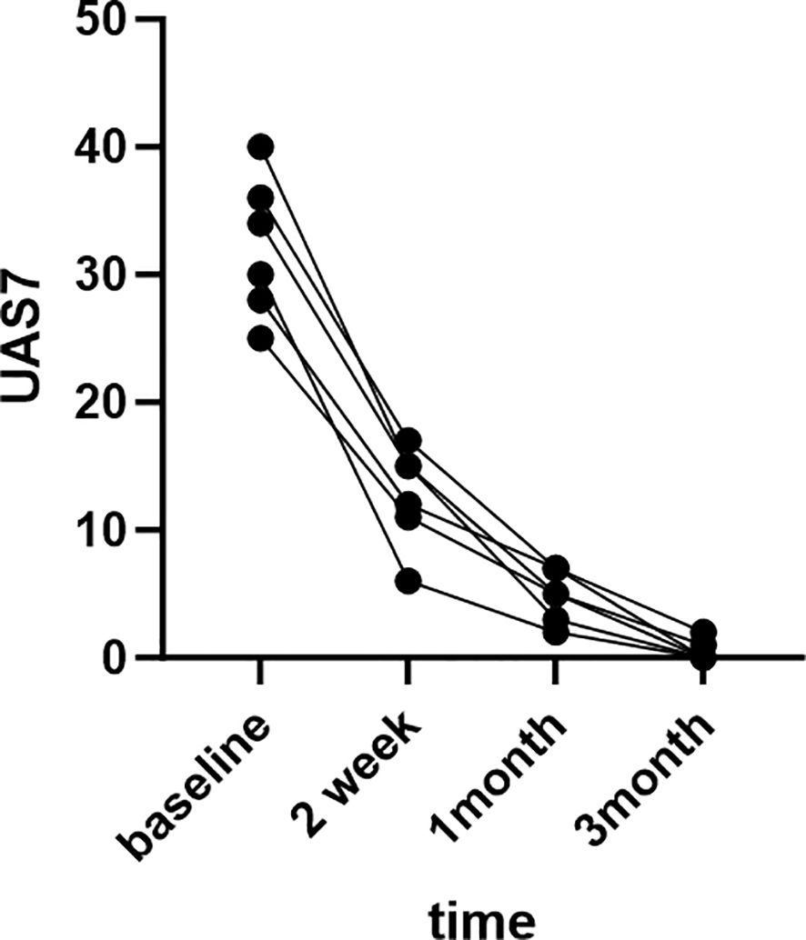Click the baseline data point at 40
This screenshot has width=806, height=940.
[260, 146]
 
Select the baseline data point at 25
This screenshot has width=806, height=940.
[260, 339]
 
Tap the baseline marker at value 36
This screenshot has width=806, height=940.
[260, 197]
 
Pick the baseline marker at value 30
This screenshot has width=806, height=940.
[260, 274]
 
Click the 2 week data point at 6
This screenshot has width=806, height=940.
[408, 581]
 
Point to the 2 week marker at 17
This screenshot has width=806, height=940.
[408, 441]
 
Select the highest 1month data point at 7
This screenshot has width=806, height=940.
[556, 568]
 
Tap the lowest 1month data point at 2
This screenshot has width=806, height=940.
[556, 632]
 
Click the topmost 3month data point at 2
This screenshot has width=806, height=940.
[703, 632]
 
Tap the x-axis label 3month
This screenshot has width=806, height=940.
[649, 782]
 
